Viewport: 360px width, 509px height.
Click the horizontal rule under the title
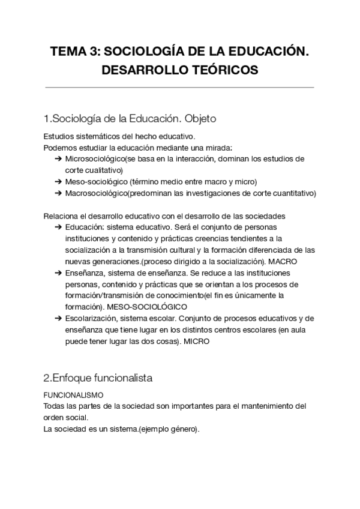[180, 88]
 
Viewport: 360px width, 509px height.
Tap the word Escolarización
[92, 318]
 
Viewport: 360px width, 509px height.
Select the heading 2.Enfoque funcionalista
[98, 378]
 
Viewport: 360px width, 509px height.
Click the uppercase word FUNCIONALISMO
[74, 396]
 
